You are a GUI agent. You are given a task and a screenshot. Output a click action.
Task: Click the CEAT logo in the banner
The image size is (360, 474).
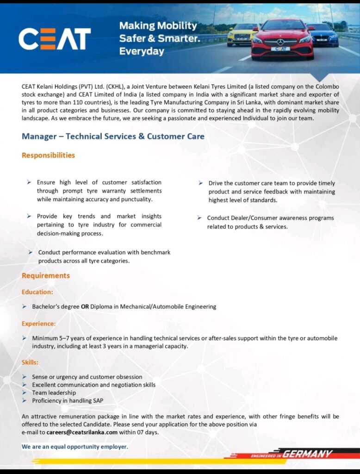55,39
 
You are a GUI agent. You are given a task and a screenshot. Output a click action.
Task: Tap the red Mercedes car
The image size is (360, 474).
282,40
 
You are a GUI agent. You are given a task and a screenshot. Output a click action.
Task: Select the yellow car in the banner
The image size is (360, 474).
242,35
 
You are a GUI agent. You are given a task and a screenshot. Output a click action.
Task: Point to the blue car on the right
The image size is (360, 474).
323,35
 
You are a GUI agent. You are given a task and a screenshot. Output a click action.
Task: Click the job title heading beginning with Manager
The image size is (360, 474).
113,137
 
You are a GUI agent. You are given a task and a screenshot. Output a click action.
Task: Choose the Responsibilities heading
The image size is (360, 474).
48,156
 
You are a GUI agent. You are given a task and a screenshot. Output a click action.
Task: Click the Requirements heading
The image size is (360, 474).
46,276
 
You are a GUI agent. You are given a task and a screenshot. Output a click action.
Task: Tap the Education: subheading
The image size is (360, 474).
37,292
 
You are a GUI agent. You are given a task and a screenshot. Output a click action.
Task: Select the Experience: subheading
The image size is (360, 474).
39,324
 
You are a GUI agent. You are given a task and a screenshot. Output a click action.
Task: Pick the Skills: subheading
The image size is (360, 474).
30,362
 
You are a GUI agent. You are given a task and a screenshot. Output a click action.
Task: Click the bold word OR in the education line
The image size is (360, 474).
85,306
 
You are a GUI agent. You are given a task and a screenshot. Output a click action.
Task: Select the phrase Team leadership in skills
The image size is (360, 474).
54,393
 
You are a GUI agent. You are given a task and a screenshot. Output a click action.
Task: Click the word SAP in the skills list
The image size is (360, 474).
98,400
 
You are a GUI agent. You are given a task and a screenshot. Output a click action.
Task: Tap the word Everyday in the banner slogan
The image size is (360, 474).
142,51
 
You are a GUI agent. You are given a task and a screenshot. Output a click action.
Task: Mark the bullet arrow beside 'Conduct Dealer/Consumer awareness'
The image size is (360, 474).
199,218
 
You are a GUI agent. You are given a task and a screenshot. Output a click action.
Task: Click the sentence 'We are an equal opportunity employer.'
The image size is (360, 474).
74,447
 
